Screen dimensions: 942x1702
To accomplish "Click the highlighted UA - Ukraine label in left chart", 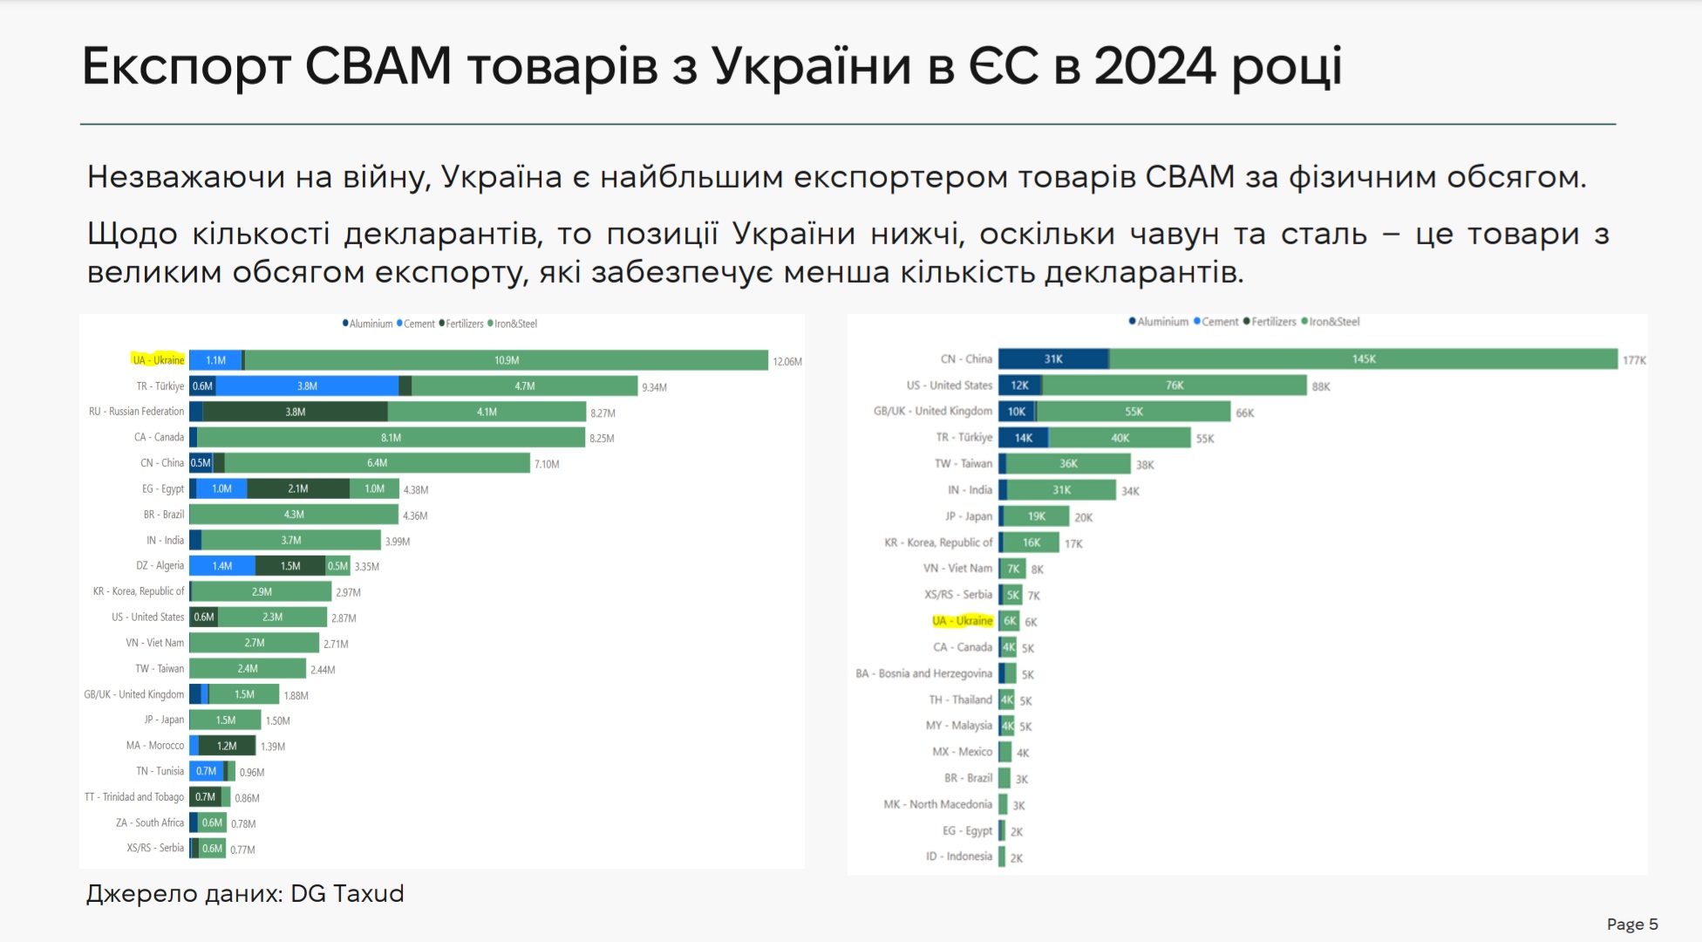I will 158,360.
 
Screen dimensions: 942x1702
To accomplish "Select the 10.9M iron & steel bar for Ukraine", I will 506,360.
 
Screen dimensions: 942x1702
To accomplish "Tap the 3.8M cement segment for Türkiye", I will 307,386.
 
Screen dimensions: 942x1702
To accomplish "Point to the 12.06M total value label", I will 787,362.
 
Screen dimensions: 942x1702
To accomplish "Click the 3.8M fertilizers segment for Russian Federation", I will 295,412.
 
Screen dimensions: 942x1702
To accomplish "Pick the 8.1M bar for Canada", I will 391,438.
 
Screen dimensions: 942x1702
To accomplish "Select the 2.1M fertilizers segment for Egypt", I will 297,489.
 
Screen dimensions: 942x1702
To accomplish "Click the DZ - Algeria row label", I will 160,566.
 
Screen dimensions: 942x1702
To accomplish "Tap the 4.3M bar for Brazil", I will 294,515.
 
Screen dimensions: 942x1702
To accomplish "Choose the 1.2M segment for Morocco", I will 227,746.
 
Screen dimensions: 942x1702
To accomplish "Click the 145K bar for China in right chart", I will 1363,359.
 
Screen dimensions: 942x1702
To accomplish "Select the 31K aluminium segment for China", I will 1053,359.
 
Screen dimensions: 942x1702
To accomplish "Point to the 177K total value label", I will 1634,360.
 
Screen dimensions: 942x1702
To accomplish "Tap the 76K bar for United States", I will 1174,386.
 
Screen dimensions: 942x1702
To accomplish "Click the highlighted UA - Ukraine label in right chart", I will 963,621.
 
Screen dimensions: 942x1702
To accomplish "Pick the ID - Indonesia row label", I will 958,857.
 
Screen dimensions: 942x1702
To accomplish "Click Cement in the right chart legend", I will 1219,322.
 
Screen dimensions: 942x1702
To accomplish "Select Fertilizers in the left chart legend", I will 464,324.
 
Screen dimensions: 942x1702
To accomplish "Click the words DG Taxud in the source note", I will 347,894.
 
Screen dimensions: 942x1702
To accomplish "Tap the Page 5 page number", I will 1632,925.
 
